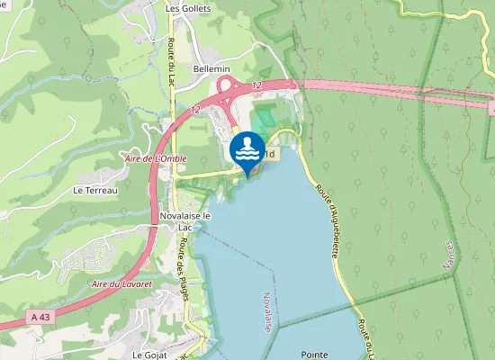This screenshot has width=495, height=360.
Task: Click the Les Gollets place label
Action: click(187, 8)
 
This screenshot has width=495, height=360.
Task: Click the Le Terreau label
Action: click(96, 191)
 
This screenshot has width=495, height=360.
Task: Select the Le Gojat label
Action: click(150, 355)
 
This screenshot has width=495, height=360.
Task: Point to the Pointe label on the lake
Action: click(316, 355)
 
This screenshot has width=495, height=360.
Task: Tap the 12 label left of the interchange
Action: click(195, 109)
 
